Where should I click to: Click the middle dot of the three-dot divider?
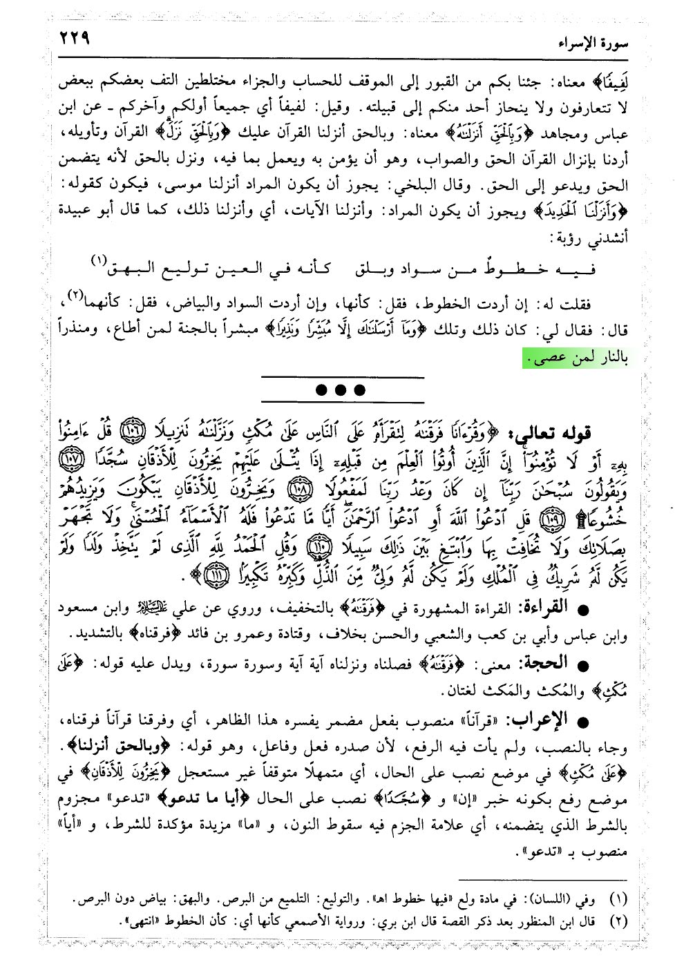click(340, 390)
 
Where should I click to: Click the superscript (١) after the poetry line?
click(99, 259)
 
